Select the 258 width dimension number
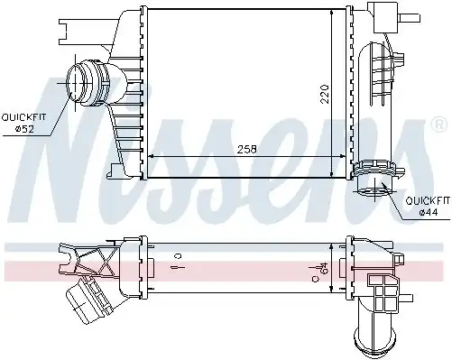tap(244, 150)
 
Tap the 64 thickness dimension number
tap(322, 267)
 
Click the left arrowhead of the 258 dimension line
tap(150, 156)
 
